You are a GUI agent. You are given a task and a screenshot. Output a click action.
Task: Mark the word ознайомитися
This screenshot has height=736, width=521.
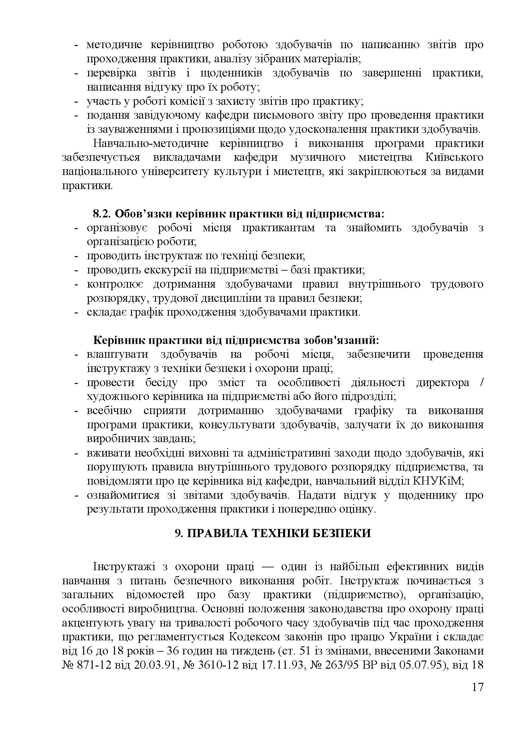click(123, 495)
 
